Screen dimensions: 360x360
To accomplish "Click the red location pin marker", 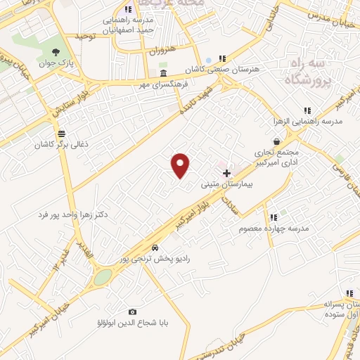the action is (181, 165).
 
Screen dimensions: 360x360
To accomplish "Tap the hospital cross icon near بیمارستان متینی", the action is (226, 173).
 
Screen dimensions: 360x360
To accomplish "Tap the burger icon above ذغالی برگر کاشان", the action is (62, 133).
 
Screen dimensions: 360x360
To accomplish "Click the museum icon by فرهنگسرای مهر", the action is (163, 73).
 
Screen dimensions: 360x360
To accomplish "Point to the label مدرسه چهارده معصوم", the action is (274, 229).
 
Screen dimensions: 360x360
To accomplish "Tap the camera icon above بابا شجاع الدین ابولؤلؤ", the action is (132, 311).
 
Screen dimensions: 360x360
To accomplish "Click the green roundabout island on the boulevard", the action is (103, 277).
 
